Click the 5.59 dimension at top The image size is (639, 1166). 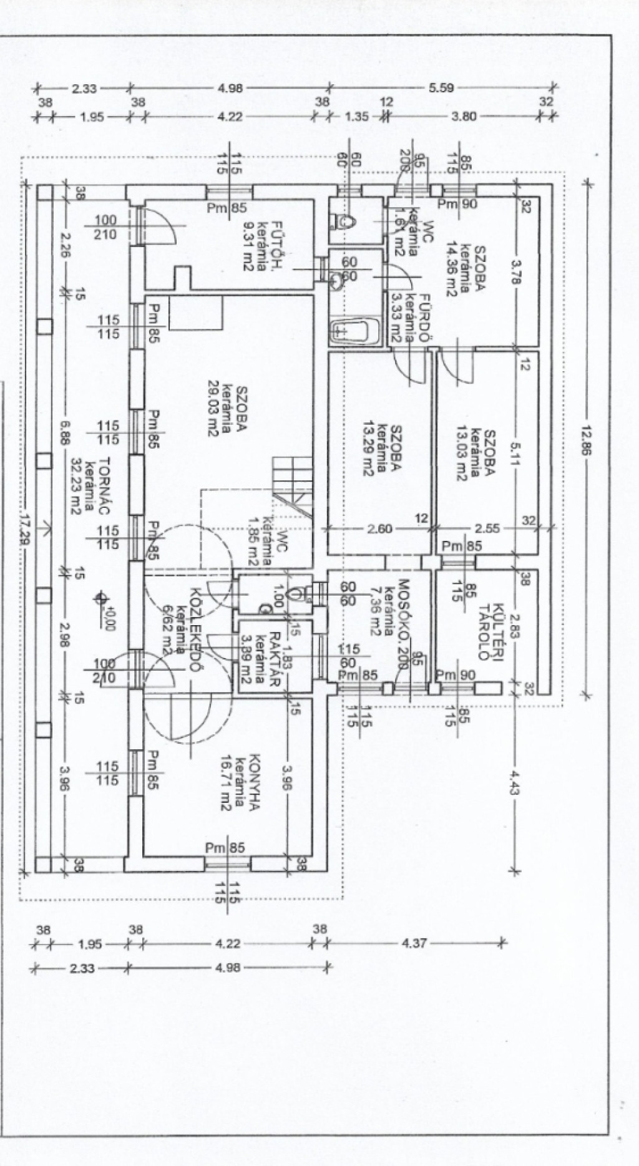click(x=441, y=88)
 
